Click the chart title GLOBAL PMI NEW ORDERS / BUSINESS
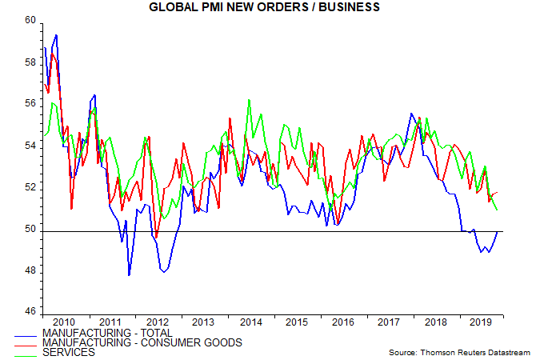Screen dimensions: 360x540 point(270,7)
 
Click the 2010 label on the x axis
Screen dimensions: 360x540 point(65,322)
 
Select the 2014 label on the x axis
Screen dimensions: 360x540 point(251,322)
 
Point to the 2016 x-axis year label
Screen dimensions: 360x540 point(344,322)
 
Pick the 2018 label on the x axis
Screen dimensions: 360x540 point(437,322)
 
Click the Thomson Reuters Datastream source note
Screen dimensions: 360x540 point(459,352)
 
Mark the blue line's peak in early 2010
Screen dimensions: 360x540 point(56,35)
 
